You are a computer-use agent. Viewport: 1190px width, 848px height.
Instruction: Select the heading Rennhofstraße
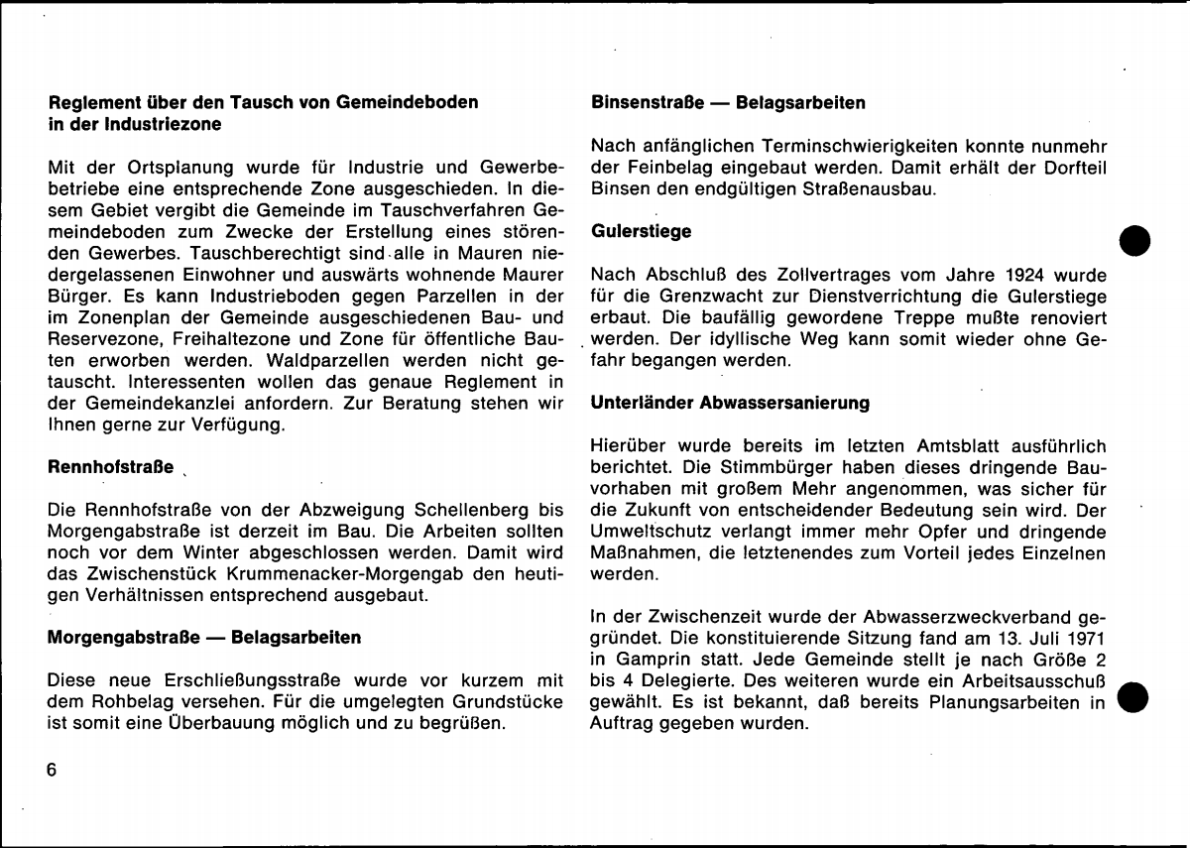111,466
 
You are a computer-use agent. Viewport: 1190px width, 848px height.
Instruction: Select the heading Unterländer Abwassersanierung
730,403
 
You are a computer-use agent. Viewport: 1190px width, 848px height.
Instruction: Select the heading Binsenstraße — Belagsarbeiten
728,102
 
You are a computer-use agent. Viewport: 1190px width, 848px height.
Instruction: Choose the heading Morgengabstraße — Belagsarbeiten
204,637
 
